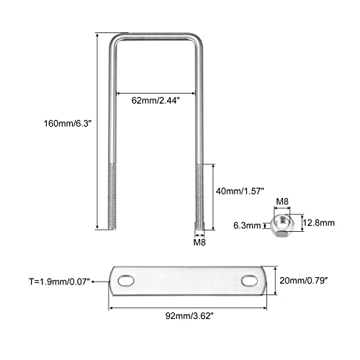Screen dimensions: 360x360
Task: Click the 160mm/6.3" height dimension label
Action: pyautogui.click(x=68, y=124)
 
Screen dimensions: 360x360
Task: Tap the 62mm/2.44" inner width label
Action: pyautogui.click(x=156, y=100)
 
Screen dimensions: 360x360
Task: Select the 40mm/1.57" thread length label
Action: pyautogui.click(x=240, y=191)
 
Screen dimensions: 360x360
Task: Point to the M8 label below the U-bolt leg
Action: pyautogui.click(x=199, y=243)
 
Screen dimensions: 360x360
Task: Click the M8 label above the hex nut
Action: pyautogui.click(x=282, y=201)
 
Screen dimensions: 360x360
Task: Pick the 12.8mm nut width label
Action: pyautogui.click(x=318, y=222)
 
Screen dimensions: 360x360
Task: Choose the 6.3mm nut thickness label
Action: pyautogui.click(x=247, y=225)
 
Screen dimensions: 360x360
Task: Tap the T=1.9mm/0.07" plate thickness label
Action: pyautogui.click(x=59, y=282)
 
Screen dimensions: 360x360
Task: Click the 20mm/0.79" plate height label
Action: pyautogui.click(x=304, y=280)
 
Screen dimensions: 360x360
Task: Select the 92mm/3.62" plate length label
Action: pyautogui.click(x=189, y=316)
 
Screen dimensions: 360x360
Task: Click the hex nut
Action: pyautogui.click(x=280, y=226)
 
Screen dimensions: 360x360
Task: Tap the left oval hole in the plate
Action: pyautogui.click(x=126, y=281)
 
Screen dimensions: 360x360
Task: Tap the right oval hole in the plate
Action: pyautogui.click(x=250, y=281)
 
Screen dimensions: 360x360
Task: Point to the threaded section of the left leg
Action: pyautogui.click(x=112, y=197)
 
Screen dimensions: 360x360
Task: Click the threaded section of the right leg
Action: pyautogui.click(x=199, y=197)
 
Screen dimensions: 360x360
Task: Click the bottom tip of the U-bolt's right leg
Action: pyautogui.click(x=199, y=230)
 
